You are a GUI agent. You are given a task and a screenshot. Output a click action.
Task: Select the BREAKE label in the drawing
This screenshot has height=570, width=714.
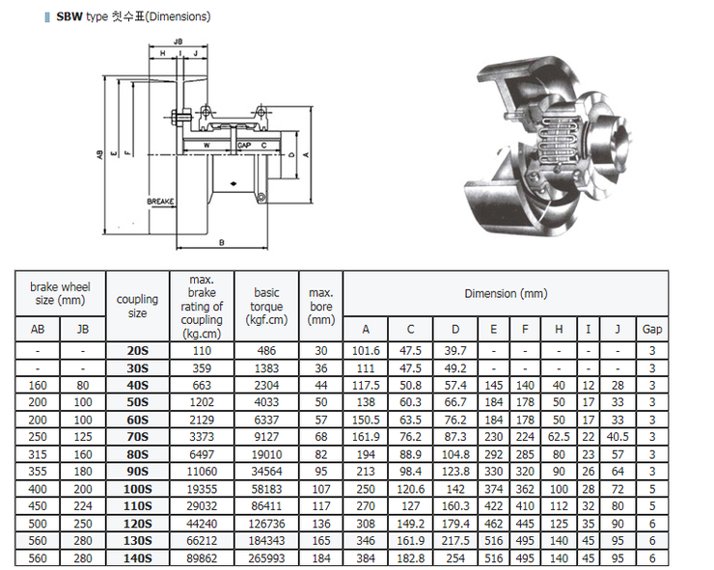coord(159,201)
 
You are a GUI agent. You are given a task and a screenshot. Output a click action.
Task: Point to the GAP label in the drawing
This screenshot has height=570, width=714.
coord(244,146)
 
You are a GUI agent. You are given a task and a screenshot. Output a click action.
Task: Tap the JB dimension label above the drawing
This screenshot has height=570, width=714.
coord(178,42)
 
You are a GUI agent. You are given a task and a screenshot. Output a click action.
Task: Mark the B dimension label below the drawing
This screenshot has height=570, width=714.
coord(221,242)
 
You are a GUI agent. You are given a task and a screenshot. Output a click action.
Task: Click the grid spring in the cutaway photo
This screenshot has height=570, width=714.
coord(560,143)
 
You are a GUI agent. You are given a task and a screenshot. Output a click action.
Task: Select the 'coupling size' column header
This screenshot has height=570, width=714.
coord(138,306)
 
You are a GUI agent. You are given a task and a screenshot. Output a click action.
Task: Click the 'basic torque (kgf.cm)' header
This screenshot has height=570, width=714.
coord(266,306)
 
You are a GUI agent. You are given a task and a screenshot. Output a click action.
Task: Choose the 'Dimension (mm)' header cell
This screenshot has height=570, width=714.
coord(505,293)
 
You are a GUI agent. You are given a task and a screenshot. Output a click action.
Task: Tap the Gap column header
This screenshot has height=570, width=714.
coord(652,329)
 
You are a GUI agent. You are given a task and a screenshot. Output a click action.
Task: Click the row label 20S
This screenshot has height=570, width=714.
coord(138,350)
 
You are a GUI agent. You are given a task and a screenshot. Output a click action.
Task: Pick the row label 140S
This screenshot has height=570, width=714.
coord(138,558)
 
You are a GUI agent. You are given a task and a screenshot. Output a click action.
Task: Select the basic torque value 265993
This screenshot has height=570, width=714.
coord(266,558)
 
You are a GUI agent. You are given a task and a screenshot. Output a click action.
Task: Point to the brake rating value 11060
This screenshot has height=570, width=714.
coord(202,472)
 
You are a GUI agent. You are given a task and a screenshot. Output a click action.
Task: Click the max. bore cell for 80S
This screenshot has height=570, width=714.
coord(321,454)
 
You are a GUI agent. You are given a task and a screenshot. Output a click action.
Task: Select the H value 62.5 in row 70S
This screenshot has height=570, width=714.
coord(559,437)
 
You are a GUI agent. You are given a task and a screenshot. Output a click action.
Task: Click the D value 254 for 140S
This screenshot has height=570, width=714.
coord(455,558)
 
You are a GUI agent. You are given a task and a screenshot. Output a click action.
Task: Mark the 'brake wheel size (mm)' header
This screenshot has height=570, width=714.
coord(60,293)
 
